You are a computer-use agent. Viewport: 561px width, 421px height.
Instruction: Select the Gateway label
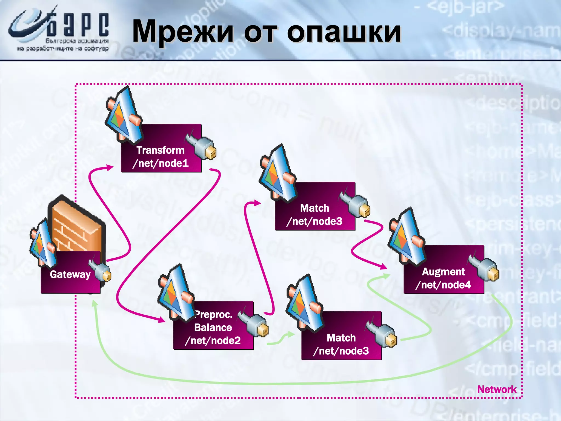(70, 274)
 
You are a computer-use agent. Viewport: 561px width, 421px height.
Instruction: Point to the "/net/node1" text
(161, 163)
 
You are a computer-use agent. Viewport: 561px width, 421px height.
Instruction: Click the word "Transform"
(161, 150)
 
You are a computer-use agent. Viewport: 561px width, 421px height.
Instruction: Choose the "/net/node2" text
(213, 341)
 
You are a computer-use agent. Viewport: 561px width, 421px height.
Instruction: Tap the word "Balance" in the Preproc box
(213, 328)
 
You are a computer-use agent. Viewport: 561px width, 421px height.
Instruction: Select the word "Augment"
(443, 272)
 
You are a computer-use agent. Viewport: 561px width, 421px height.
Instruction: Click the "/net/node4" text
(443, 285)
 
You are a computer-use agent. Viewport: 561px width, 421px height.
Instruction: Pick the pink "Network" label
(497, 389)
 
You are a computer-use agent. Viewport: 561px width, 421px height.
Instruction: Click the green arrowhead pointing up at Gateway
(94, 303)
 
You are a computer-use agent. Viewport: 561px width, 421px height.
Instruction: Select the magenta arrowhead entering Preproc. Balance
(162, 320)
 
